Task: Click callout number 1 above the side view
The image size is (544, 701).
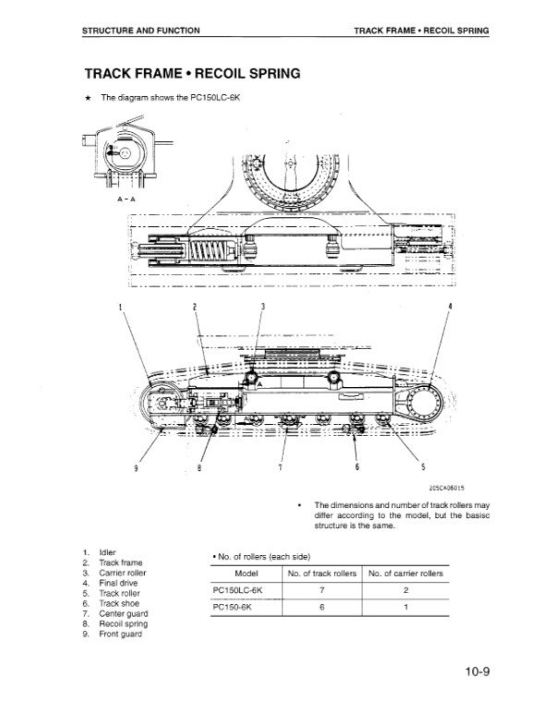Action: point(120,307)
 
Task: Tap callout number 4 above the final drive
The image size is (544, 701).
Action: point(450,307)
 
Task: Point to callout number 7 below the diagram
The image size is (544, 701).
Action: point(280,467)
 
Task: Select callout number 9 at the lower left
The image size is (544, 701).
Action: point(136,467)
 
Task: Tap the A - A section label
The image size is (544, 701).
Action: point(126,199)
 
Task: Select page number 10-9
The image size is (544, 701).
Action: point(478,671)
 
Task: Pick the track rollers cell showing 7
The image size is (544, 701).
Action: point(321,590)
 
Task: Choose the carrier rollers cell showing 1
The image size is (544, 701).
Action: point(405,607)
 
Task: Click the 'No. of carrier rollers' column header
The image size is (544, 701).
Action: point(405,574)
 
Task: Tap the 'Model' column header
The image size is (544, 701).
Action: point(247,574)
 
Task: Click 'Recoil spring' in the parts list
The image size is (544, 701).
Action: point(124,623)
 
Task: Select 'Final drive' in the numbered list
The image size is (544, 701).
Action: point(118,583)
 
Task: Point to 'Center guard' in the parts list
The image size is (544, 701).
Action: point(124,613)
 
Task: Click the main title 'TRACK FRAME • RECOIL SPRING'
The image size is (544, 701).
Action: point(193,73)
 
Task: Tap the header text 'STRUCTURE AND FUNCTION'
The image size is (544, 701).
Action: point(140,30)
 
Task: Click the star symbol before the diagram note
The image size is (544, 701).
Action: point(89,98)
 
